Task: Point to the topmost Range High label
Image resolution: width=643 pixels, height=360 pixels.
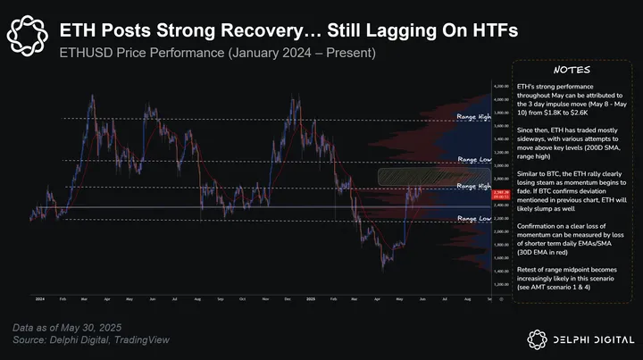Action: [x=472, y=117]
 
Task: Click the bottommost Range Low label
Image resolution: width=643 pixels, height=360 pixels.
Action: [x=472, y=218]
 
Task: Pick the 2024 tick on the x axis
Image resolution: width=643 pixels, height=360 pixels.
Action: [x=40, y=298]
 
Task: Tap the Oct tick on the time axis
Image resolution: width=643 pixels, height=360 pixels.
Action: [x=243, y=298]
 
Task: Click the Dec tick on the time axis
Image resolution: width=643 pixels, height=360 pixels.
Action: [x=288, y=298]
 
